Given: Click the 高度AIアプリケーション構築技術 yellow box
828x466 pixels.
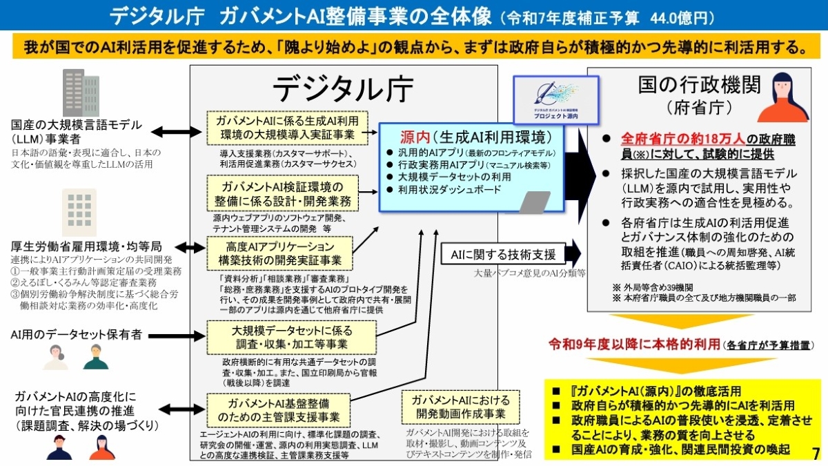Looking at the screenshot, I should tap(280, 253).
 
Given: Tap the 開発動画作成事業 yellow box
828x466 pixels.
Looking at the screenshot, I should tap(461, 407).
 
